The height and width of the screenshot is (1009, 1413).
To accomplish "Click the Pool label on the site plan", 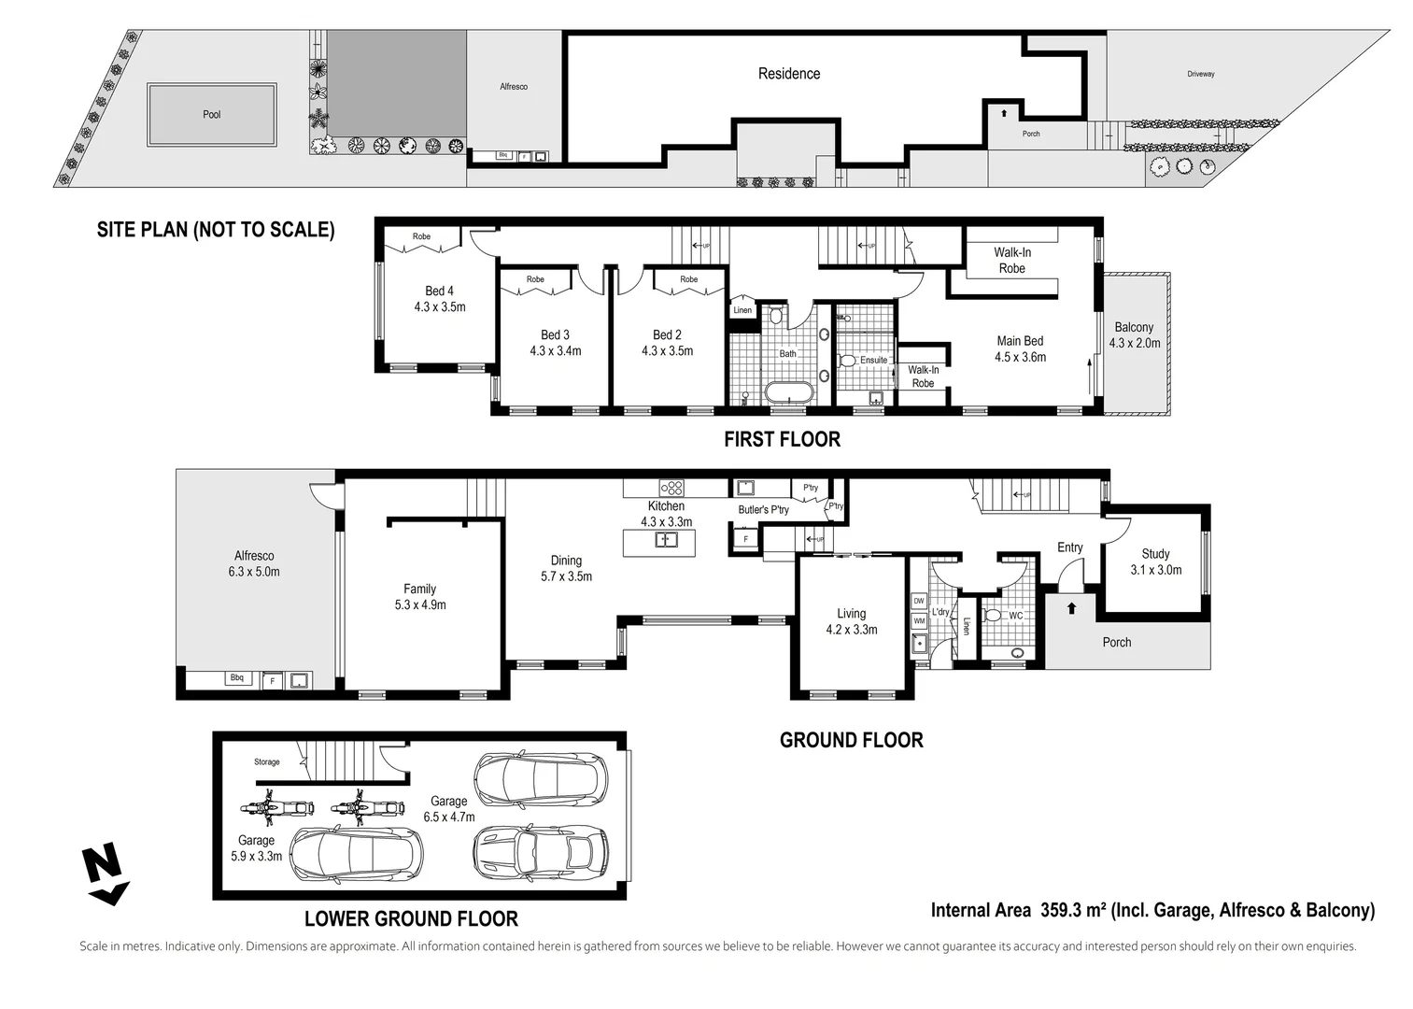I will (x=212, y=114).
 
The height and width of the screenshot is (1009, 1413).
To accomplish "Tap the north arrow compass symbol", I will (x=105, y=874).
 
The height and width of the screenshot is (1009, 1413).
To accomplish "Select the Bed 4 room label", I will (x=439, y=291).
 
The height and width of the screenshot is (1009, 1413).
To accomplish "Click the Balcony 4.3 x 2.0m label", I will (x=1134, y=334).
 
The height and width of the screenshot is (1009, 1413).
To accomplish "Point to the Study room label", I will (x=1155, y=554).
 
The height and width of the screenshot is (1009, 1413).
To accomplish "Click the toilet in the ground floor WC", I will (x=994, y=616).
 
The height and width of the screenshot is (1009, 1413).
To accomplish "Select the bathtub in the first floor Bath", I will (x=788, y=393).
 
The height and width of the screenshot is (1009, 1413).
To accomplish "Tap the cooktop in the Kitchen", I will (x=671, y=487).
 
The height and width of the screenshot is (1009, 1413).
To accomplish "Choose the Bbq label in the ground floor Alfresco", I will (x=237, y=677).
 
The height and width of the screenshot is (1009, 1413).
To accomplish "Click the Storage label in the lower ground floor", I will (x=266, y=761).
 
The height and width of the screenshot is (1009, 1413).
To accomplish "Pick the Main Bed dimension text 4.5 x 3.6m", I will (x=1020, y=357).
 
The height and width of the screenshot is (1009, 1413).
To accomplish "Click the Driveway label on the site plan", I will (x=1201, y=74).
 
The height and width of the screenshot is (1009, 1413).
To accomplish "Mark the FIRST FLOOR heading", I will (x=782, y=439).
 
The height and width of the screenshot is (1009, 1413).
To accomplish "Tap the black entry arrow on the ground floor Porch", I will (x=1071, y=608).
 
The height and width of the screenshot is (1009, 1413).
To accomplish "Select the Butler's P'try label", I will (x=763, y=509).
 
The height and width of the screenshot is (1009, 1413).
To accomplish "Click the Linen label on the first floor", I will (x=742, y=310).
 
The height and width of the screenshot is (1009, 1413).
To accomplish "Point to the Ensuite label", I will (x=873, y=360).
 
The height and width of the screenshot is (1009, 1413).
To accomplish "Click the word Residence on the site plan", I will (x=788, y=74).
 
